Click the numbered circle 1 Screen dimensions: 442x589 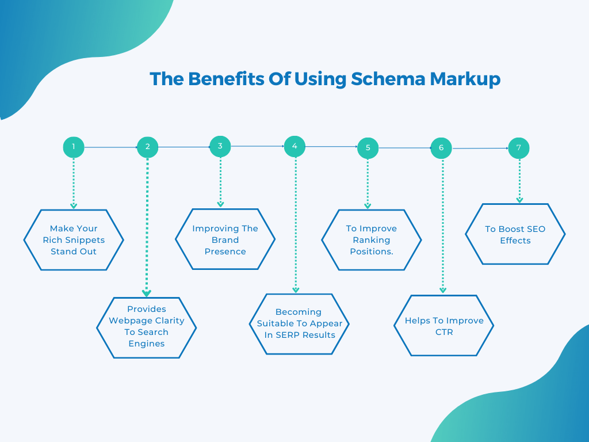pos(74,147)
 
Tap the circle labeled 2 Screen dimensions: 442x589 pos(147,147)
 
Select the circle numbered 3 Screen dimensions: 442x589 pos(220,146)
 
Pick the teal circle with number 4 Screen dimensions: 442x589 pos(294,146)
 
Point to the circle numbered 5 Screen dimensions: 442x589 pos(368,148)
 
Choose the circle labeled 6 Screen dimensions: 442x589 pos(441,148)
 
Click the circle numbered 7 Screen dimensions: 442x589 pos(519,148)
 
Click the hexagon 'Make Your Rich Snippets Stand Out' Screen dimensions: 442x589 pos(74,240)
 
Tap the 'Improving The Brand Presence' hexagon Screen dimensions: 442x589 pos(225,239)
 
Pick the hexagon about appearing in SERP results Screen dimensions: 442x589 pos(299,323)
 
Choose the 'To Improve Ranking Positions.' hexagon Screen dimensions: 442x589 pos(372,240)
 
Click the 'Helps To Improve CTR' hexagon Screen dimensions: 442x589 pos(444,326)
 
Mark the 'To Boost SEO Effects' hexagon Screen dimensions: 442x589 pos(515,234)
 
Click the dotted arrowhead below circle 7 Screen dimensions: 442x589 pos(519,200)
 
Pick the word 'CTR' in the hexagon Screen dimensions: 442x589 pos(444,332)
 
